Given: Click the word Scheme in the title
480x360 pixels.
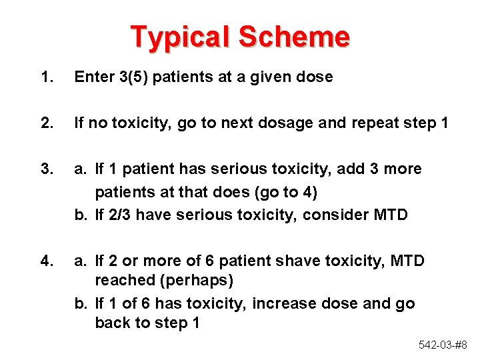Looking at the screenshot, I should (x=294, y=37).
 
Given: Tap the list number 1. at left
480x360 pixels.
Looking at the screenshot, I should (x=46, y=77).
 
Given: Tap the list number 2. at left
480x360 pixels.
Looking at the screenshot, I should (x=46, y=123).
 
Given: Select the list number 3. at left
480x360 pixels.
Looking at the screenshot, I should (x=46, y=169).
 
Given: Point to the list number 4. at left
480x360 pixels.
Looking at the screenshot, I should (x=46, y=260).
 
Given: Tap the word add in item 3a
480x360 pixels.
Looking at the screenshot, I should (x=351, y=169).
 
